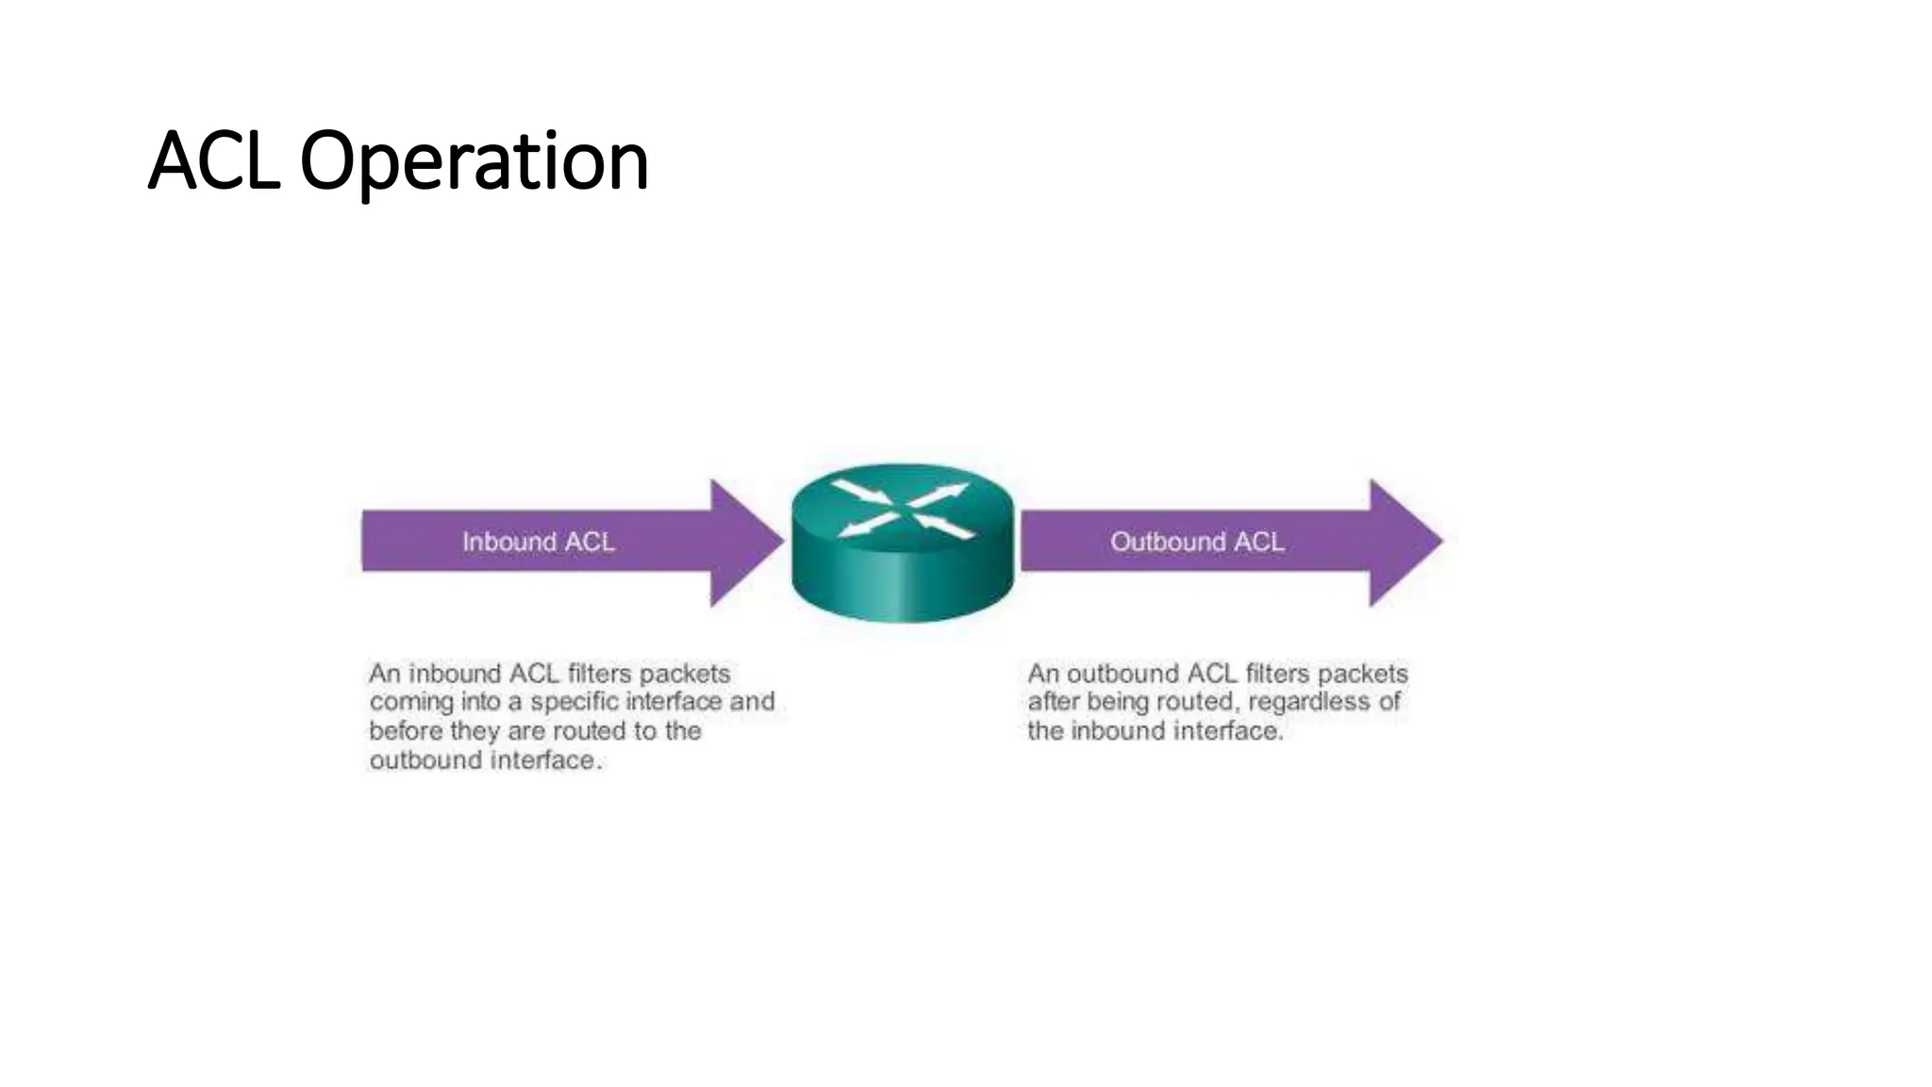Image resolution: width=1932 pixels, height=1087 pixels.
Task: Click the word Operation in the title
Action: click(x=474, y=160)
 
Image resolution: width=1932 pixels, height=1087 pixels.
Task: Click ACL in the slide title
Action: click(x=214, y=160)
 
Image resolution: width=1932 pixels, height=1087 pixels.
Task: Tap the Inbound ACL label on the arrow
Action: click(x=538, y=542)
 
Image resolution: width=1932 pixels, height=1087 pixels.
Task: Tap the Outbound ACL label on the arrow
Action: click(x=1196, y=542)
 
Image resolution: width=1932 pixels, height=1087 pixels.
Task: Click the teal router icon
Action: click(x=903, y=576)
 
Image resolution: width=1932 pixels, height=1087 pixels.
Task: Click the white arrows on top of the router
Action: click(x=904, y=510)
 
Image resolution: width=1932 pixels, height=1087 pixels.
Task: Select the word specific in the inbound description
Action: click(x=574, y=702)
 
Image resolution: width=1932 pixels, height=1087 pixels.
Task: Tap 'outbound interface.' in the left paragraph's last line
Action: click(x=485, y=761)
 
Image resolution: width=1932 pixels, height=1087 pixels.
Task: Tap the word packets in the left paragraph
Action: click(x=685, y=674)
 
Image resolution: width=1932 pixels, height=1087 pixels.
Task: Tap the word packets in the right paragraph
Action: click(x=1362, y=674)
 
